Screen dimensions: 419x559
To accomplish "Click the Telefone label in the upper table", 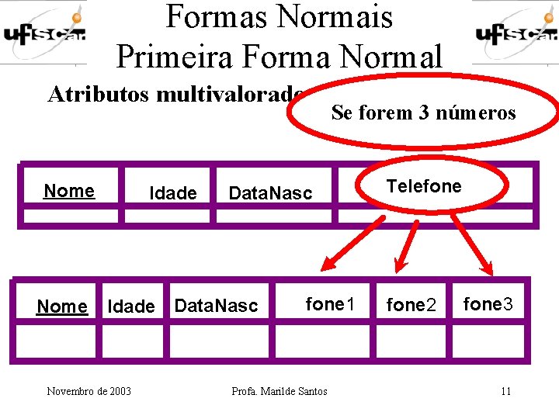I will (x=424, y=186).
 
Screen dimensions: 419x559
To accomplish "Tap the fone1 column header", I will (x=330, y=304).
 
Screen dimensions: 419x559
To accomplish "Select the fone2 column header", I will (x=412, y=306).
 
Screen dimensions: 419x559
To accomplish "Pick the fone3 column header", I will (x=488, y=304).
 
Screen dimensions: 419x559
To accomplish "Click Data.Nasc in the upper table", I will (x=270, y=193).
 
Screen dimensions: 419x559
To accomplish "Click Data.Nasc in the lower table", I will (x=216, y=306).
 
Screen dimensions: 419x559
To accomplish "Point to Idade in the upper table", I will (x=173, y=193).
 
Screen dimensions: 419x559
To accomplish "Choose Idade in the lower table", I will (x=130, y=306).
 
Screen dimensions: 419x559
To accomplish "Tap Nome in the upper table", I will (x=69, y=191).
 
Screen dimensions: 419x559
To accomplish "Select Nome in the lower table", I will (x=62, y=306).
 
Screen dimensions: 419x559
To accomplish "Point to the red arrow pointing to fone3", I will (x=471, y=243).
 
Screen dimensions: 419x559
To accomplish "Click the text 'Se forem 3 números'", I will (x=423, y=113).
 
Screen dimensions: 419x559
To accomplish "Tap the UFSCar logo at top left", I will (x=43, y=32).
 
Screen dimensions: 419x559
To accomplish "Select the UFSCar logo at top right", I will (x=515, y=32).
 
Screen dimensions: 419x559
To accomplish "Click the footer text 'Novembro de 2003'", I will (x=89, y=391).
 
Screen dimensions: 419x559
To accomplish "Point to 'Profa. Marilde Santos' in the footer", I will (x=279, y=391).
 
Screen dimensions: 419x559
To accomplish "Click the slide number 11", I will (x=505, y=391).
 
